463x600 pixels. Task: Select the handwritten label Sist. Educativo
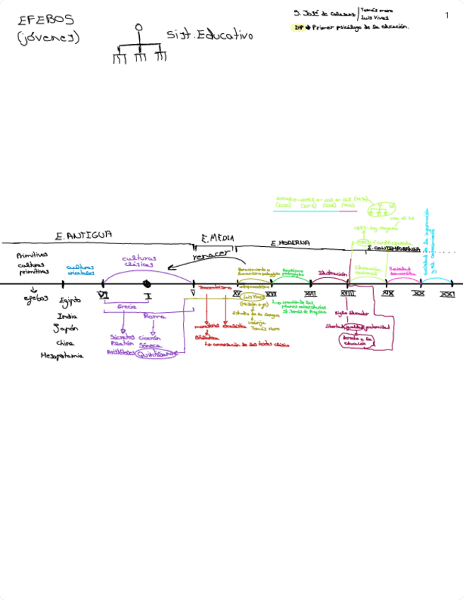209,35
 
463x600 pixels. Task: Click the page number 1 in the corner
447,16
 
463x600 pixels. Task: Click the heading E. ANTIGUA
83,235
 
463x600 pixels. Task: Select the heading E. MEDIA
218,238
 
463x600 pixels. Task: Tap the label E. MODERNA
290,243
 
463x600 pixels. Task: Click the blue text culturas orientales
81,270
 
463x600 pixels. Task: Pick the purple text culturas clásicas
139,261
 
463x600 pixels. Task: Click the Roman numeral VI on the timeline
103,295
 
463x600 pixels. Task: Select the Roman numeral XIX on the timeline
387,294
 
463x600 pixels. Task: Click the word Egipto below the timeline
70,301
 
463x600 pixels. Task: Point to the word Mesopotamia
62,356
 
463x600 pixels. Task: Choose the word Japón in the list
66,329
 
